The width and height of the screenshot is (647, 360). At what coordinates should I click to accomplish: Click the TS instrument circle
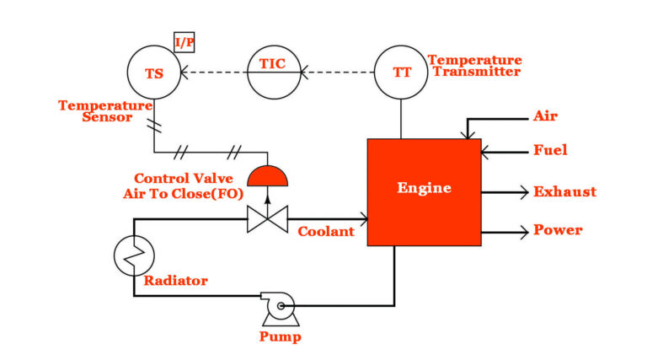(154, 73)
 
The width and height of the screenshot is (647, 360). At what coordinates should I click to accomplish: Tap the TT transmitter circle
(401, 73)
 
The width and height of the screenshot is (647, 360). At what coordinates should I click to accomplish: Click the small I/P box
(184, 42)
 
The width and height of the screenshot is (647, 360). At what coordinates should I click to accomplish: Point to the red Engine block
(424, 192)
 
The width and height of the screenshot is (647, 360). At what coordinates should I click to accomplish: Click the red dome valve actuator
(267, 177)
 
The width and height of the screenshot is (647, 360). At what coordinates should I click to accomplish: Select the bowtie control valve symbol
(267, 222)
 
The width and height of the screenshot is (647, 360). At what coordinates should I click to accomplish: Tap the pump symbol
(279, 308)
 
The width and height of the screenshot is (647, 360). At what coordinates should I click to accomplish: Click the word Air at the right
(545, 116)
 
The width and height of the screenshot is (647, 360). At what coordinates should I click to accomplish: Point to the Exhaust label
(564, 191)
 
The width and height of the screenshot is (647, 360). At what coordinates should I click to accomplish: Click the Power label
(558, 229)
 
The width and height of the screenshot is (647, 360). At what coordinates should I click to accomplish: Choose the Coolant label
(326, 232)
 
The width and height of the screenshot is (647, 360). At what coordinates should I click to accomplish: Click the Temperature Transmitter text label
(474, 66)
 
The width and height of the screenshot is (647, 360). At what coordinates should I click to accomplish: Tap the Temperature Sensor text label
(104, 111)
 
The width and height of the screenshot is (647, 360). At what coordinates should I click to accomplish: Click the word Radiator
(175, 280)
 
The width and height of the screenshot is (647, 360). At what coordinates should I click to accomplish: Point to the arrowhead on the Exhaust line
(522, 191)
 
